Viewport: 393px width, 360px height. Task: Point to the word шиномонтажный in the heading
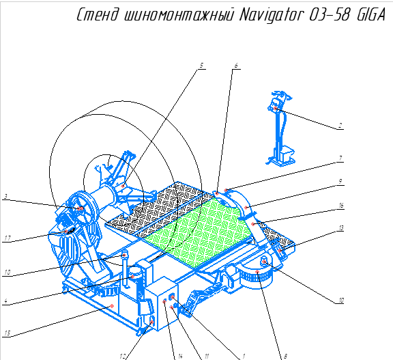(x=179, y=15)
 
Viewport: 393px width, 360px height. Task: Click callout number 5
(x=201, y=66)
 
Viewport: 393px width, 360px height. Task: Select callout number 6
(x=236, y=66)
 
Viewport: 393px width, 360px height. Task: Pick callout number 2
(x=340, y=126)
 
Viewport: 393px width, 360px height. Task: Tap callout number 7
(x=340, y=158)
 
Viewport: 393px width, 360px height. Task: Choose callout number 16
(x=341, y=206)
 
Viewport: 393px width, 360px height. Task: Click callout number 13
(x=341, y=228)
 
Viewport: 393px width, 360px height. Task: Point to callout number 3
(x=5, y=197)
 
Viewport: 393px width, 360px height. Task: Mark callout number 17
(x=8, y=238)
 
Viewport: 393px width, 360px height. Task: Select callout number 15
(x=8, y=333)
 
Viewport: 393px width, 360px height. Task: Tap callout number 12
(x=123, y=356)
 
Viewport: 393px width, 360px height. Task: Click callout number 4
(x=5, y=301)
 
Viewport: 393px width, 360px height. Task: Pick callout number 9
(x=340, y=182)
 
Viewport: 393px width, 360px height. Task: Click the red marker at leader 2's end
(x=275, y=109)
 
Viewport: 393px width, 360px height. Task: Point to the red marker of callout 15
(x=112, y=306)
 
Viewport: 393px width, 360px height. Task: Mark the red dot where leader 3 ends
(x=81, y=208)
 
